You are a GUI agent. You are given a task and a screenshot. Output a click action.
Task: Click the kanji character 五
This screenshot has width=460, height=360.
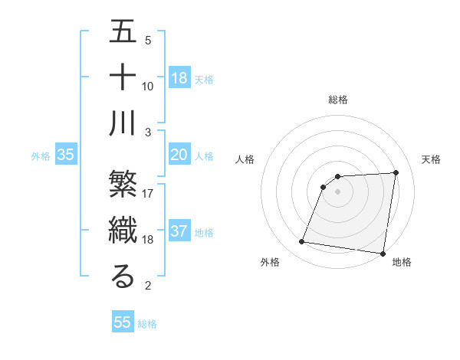123,34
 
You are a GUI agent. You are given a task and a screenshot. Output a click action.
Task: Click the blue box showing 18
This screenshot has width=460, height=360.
179,78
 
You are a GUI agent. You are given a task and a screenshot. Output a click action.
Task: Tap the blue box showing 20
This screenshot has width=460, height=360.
179,155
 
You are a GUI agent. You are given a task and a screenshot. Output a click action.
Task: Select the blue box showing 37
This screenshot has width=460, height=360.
179,231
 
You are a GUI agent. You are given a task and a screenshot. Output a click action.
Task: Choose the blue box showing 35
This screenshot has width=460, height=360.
66,155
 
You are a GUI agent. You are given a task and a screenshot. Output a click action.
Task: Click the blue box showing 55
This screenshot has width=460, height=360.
123,322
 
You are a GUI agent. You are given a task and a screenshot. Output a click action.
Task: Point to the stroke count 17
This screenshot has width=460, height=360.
148,194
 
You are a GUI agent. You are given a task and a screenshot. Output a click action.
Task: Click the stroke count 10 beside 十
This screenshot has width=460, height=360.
148,86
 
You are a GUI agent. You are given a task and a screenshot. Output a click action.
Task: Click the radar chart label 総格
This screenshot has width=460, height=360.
338,100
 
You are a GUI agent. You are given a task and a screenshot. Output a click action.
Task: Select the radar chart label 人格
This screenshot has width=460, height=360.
246,159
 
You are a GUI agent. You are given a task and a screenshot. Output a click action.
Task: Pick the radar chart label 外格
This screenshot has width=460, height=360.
269,263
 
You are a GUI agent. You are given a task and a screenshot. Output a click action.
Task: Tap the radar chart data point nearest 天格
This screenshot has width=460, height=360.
396,173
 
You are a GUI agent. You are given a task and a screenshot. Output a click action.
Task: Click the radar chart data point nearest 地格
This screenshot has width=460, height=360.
383,253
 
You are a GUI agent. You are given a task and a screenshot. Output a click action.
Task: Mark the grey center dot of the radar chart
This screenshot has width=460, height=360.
338,191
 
